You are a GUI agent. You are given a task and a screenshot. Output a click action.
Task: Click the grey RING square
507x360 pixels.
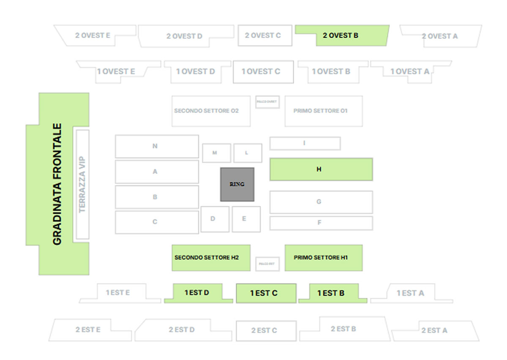point(237,184)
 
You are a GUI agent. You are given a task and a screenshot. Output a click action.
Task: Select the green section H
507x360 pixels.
point(321,169)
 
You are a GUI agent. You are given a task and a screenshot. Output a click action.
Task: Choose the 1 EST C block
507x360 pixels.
point(266,293)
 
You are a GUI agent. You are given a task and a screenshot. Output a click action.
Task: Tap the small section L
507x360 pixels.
point(248,153)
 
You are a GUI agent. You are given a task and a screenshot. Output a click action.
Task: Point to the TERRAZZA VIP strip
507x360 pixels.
point(82,184)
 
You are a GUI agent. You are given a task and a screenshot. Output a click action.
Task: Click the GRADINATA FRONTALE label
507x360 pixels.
point(57,184)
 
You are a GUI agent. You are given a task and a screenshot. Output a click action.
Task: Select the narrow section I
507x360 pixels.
point(305,143)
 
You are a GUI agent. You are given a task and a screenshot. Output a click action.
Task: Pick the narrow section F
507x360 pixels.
point(321,223)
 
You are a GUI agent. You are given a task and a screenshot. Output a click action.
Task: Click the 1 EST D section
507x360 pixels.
point(197,293)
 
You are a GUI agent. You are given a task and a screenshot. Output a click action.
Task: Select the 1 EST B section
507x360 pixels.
point(332,293)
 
